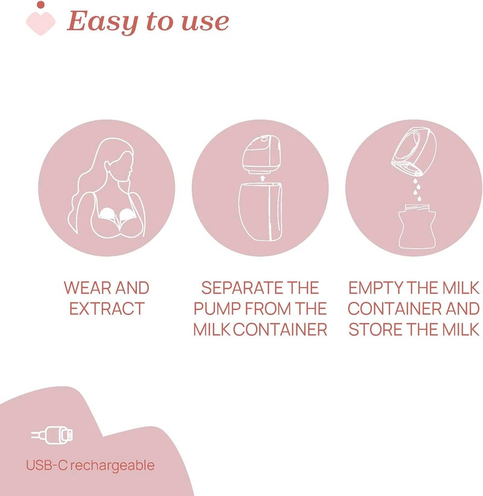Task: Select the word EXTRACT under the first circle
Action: tap(107, 309)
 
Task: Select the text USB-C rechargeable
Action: tap(90, 465)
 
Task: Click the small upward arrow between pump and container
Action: tap(261, 178)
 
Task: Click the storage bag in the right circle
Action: tap(415, 227)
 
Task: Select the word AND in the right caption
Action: tap(461, 309)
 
